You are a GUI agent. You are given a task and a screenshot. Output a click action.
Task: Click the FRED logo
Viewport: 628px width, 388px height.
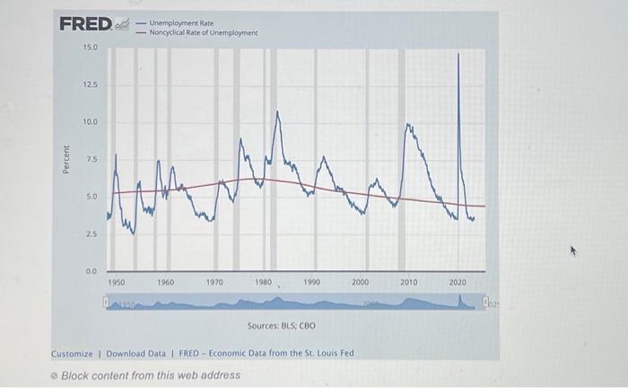point(86,23)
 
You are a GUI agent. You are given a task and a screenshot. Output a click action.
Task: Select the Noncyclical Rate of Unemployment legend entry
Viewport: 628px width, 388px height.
point(203,32)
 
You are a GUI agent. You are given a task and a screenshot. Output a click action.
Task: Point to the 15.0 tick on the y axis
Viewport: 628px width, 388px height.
point(91,46)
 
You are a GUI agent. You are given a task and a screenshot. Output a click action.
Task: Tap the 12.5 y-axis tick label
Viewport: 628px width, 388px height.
point(91,84)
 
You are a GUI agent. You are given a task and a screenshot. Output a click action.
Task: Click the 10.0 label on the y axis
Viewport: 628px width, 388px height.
point(91,121)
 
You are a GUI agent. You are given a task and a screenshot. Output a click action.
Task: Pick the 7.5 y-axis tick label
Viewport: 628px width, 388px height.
point(92,159)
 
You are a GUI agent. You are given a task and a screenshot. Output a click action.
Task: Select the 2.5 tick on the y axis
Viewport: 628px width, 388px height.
point(92,234)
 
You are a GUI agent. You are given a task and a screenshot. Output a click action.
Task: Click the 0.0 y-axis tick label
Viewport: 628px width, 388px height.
point(91,270)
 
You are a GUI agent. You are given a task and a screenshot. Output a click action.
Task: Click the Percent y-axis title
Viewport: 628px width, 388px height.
point(65,158)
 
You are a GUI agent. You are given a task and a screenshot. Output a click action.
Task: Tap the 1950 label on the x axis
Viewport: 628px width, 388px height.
point(117,282)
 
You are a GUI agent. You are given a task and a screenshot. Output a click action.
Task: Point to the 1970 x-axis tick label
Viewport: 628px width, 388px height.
point(214,282)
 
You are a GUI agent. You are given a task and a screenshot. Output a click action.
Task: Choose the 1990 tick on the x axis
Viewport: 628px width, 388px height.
point(311,282)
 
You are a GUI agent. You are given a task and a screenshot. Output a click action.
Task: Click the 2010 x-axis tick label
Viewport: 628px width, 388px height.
point(409,282)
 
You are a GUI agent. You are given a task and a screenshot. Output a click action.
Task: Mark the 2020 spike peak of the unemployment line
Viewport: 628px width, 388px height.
point(459,55)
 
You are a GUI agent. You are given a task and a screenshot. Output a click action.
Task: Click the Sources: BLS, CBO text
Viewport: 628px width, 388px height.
point(280,324)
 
